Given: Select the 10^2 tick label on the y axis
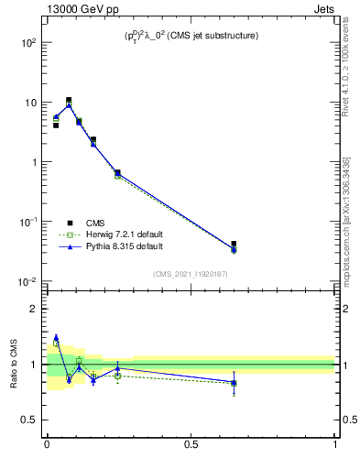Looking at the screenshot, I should (x=28, y=43).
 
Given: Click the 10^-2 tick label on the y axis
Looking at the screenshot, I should (x=27, y=281).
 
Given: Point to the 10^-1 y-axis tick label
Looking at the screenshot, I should (x=27, y=222).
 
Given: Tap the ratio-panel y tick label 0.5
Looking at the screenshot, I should (x=31, y=420).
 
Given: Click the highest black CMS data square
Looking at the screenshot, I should (x=69, y=101).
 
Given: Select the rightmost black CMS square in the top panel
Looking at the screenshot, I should (x=234, y=245).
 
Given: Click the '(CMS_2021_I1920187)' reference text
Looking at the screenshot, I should (x=191, y=274).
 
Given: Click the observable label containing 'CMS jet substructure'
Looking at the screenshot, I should (x=191, y=36).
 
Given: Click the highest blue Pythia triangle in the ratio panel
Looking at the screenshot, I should (x=56, y=337).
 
